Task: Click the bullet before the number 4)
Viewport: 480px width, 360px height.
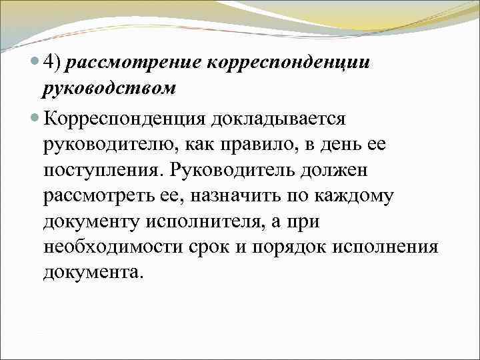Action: (x=35, y=63)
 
